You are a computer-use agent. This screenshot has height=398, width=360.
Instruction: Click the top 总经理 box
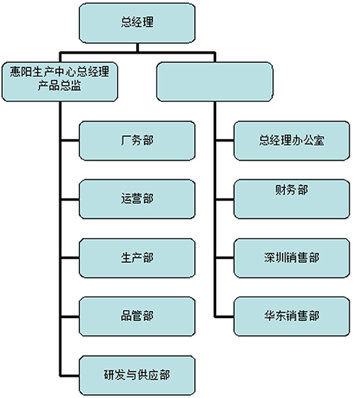click(x=137, y=23)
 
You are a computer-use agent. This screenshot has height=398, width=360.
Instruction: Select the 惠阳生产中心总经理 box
click(x=60, y=81)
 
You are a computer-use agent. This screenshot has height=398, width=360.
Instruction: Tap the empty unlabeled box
click(x=215, y=81)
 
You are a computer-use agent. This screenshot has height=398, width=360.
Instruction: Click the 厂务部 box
click(x=137, y=141)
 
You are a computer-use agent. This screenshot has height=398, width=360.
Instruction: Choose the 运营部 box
click(x=137, y=199)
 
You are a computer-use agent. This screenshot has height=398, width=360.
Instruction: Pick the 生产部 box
click(x=137, y=258)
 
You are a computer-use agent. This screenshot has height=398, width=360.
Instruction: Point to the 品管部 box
click(x=137, y=317)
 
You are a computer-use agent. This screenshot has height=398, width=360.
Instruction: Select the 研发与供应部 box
click(x=137, y=375)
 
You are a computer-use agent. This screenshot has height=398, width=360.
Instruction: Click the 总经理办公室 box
click(x=292, y=141)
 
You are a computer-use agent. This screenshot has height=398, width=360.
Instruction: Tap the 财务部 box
click(x=292, y=199)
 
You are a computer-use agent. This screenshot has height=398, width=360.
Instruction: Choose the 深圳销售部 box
click(x=292, y=258)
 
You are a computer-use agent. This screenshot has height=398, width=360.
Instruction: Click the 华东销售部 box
click(x=292, y=317)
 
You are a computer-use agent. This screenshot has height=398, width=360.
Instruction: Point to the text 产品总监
click(x=60, y=86)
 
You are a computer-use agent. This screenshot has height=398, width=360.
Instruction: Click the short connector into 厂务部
click(x=70, y=140)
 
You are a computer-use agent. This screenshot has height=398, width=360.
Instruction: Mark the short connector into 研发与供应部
click(x=70, y=375)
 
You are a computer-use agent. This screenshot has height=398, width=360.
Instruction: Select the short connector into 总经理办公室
click(x=225, y=140)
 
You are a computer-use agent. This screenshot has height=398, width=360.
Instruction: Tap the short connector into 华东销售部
click(x=225, y=317)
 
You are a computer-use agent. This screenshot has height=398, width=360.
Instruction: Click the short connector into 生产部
click(x=70, y=258)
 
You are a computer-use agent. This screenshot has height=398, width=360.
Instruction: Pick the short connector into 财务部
click(x=225, y=200)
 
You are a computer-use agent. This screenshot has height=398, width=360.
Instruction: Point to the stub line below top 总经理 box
click(x=137, y=47)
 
